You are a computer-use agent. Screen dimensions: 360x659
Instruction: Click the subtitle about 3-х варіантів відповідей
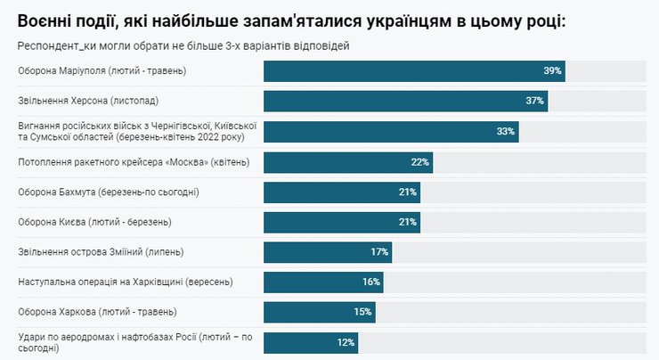183,45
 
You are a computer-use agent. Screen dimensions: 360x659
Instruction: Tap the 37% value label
534,101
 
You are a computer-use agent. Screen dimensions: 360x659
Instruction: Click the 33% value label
506,132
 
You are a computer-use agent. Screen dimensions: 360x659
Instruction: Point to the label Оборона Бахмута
108,192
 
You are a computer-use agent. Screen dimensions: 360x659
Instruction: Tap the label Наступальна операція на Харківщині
126,282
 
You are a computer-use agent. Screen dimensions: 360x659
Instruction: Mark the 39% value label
552,70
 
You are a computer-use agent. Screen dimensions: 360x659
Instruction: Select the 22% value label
420,162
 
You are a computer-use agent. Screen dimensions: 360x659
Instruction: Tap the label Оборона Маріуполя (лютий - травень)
108,70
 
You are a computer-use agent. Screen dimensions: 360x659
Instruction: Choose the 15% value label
362,312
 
